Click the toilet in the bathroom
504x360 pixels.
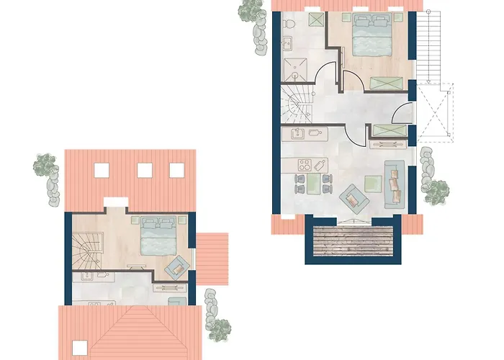click(287, 24)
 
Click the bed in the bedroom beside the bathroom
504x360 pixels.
click(372, 36)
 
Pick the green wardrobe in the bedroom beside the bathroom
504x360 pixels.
click(387, 83)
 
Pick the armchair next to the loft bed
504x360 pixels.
click(176, 268)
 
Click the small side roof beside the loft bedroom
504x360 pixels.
click(212, 258)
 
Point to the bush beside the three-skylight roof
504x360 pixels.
click(46, 166)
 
